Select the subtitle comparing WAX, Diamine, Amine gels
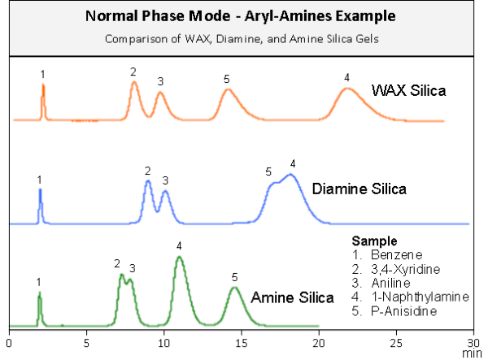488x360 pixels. [x=242, y=39]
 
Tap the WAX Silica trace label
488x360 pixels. [x=408, y=90]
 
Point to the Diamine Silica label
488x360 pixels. [x=359, y=189]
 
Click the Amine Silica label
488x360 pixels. [x=293, y=297]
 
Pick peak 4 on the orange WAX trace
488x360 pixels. [x=347, y=89]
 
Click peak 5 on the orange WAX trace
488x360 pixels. [x=228, y=90]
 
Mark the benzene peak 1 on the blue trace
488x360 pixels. [x=40, y=190]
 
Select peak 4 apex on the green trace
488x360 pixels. [x=179, y=257]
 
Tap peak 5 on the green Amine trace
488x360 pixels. [x=235, y=288]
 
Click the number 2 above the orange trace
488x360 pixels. [x=133, y=72]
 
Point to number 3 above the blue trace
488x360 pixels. [x=165, y=180]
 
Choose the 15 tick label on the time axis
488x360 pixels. [x=241, y=343]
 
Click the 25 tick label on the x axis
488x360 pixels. [x=396, y=343]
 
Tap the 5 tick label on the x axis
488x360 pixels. [x=86, y=343]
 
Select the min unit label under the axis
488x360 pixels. [x=472, y=353]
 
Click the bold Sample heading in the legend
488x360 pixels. [x=374, y=241]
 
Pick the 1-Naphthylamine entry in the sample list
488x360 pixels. [x=410, y=297]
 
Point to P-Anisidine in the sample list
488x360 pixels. [x=394, y=311]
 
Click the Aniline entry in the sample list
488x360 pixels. [x=381, y=284]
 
